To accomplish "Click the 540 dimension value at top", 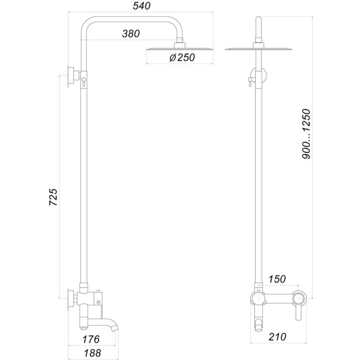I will click(x=140, y=7).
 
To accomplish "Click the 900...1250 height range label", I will click(x=307, y=133).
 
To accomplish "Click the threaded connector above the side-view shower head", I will click(x=178, y=43).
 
